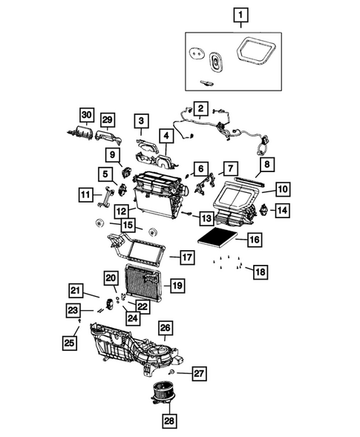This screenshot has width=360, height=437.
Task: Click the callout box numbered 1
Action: [240, 13]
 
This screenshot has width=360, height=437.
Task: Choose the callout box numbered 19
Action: [177, 285]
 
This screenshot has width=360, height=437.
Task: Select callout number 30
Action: [88, 115]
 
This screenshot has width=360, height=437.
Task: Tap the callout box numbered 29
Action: [108, 120]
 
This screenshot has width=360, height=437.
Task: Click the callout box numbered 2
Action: [200, 109]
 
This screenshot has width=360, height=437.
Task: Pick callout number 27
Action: [198, 372]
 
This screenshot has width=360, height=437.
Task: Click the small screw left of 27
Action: [173, 370]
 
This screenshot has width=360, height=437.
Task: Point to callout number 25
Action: [69, 342]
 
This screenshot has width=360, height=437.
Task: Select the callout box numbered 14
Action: [283, 211]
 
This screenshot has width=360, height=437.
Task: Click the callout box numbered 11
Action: [87, 194]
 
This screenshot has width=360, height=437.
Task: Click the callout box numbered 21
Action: [76, 290]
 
